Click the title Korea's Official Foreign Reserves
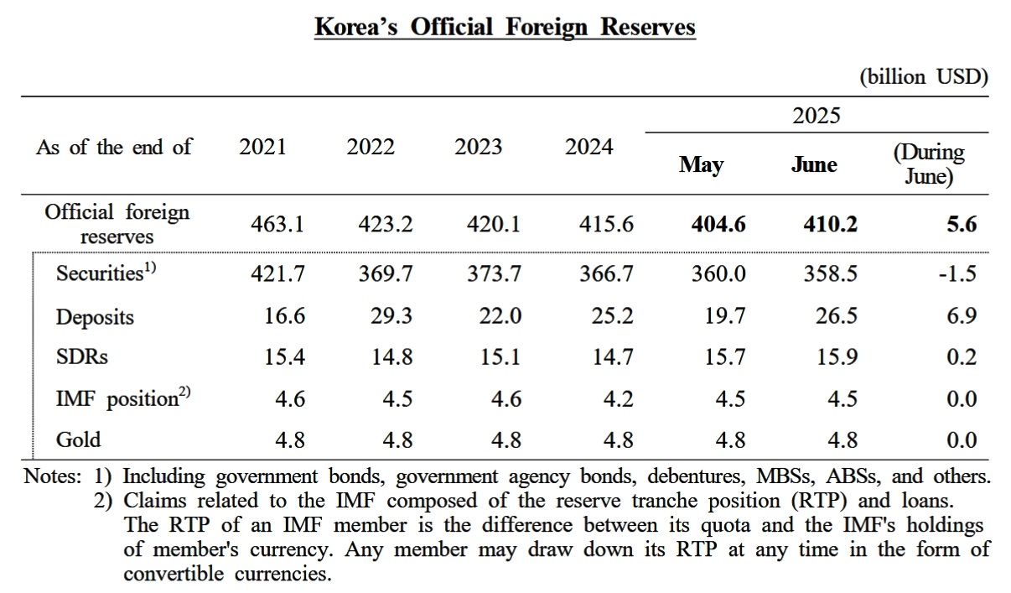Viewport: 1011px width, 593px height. [x=505, y=27]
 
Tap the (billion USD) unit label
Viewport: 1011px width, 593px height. [x=923, y=77]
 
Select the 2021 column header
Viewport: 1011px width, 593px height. [x=262, y=147]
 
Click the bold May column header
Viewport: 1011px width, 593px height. [x=701, y=164]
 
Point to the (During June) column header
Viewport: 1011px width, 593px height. [x=929, y=164]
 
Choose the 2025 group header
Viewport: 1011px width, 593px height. [x=816, y=116]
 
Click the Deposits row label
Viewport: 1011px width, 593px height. [x=95, y=317]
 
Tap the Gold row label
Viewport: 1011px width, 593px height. [x=78, y=440]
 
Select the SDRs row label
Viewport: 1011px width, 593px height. [x=82, y=357]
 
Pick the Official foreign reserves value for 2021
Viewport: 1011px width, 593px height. [x=277, y=224]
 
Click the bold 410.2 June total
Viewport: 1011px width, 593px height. [x=830, y=224]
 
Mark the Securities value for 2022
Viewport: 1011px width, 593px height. [x=386, y=274]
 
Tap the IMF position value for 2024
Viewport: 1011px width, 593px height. [x=617, y=398]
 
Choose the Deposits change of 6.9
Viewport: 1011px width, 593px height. [x=961, y=316]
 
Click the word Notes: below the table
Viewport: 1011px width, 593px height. [x=53, y=477]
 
